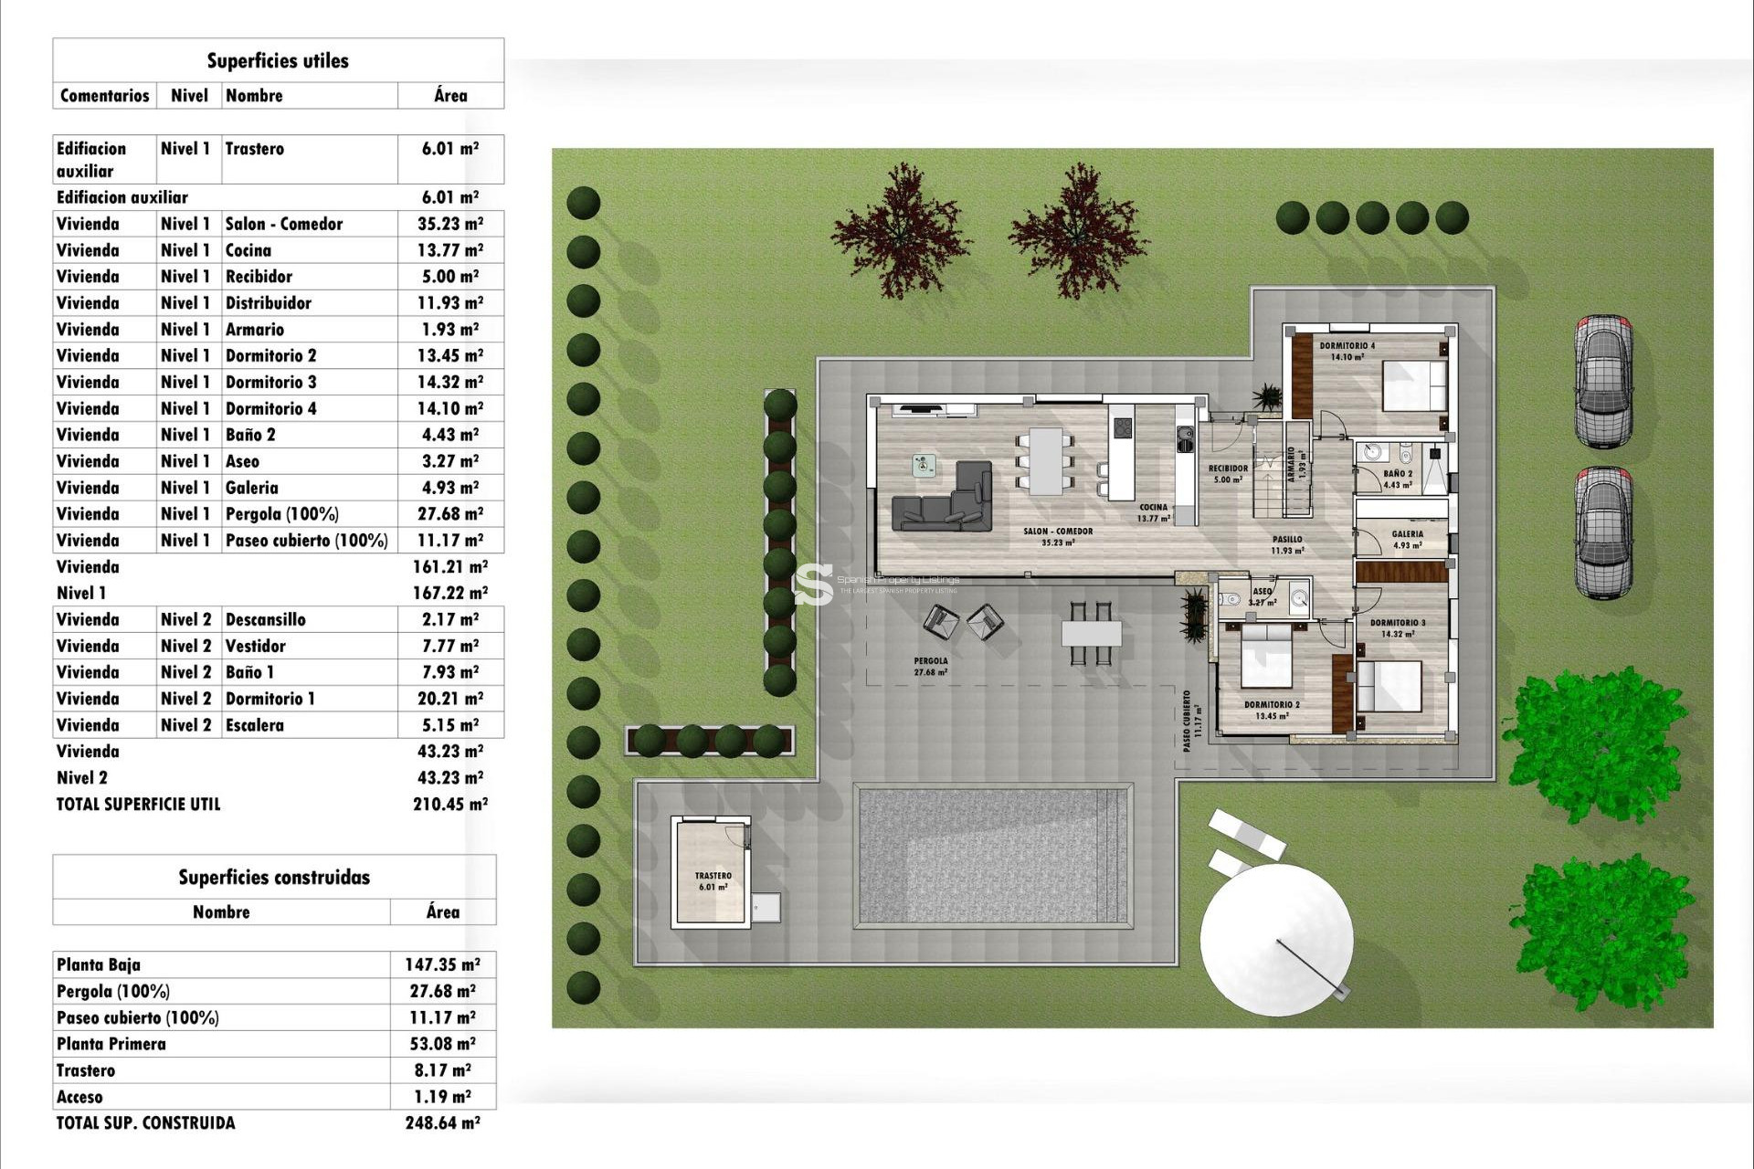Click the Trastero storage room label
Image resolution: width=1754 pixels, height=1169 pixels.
point(713,880)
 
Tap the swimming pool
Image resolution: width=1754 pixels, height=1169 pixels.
point(993,857)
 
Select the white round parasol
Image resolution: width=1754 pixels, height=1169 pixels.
point(1276,940)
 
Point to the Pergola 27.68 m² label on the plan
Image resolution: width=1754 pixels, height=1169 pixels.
point(930,666)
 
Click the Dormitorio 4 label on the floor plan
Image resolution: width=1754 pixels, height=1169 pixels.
point(1347,351)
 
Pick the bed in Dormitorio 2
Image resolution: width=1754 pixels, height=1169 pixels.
point(1266,655)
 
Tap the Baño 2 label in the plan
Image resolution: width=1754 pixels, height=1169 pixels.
point(1398,479)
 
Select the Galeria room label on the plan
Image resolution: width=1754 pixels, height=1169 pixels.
point(1407,539)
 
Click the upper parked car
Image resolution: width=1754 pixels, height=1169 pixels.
point(1603,381)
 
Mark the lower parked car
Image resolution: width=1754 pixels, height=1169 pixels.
point(1603,532)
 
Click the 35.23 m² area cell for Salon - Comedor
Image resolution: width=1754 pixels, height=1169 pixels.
point(450,224)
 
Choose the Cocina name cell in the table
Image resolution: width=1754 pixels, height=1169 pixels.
point(248,250)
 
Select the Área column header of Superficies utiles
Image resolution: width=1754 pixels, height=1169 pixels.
point(450,95)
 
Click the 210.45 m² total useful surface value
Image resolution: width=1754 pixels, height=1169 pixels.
point(450,805)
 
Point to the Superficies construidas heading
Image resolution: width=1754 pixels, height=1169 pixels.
point(274,878)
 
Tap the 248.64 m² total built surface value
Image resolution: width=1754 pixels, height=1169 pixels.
point(442,1123)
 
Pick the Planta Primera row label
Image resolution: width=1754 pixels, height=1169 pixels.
point(111,1044)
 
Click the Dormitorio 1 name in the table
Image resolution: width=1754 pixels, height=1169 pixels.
point(270,699)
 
